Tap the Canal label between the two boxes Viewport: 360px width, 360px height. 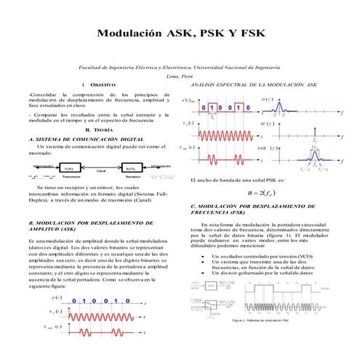tap(102, 171)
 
